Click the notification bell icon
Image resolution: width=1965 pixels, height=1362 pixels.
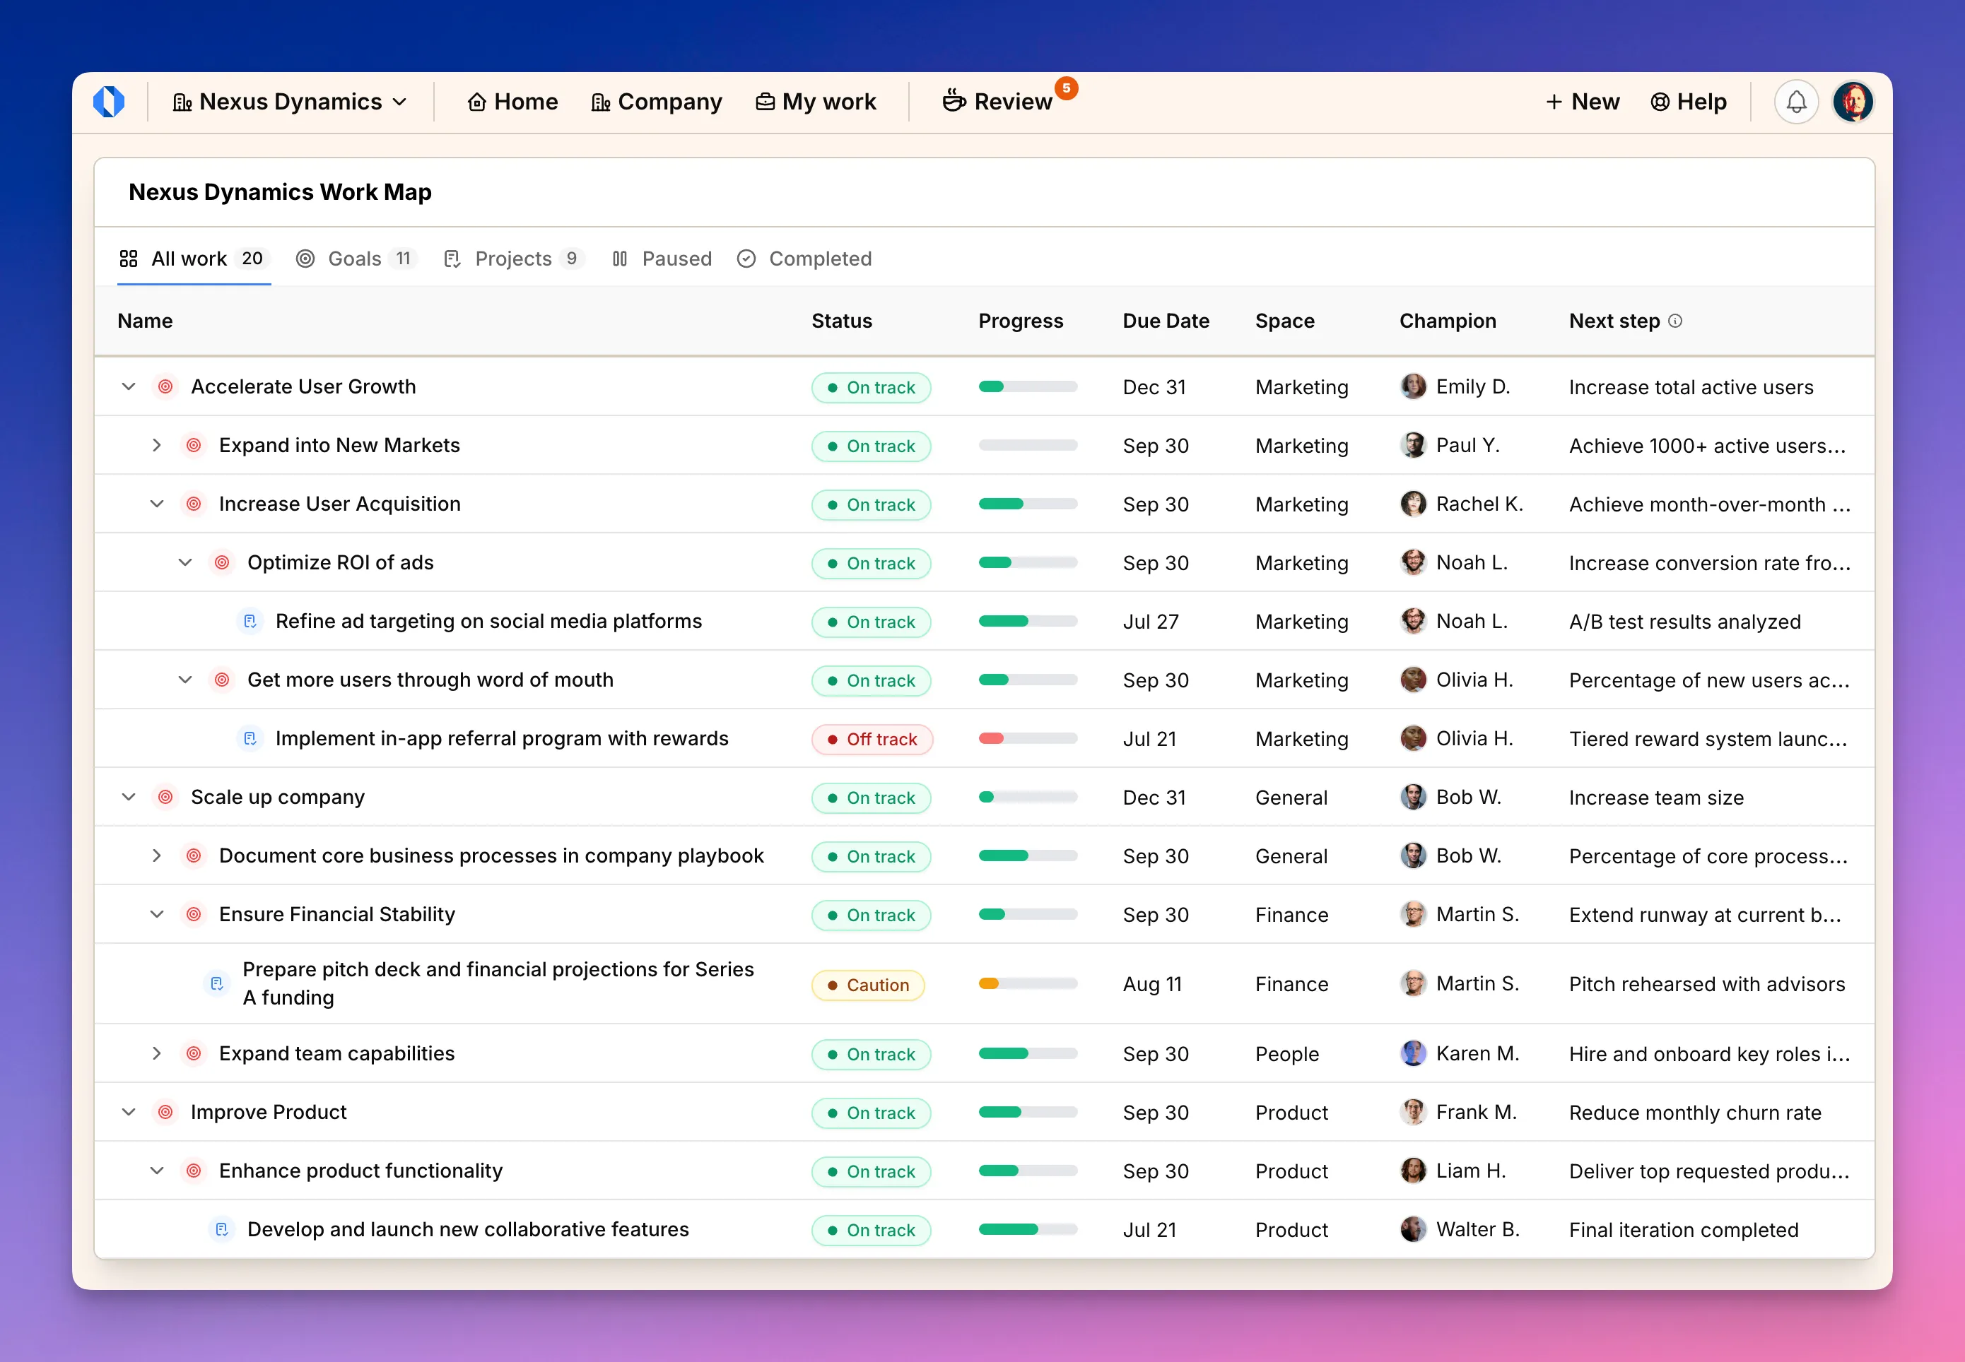pos(1795,102)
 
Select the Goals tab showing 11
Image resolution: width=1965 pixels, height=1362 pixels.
pos(355,259)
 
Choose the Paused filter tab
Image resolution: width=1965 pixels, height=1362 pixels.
pos(662,259)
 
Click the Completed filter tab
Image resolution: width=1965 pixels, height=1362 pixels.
pos(804,259)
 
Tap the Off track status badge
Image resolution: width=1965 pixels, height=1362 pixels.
pos(872,739)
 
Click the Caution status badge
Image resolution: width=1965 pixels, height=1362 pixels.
pos(867,985)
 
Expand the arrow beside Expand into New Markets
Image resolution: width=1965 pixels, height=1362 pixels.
pos(157,446)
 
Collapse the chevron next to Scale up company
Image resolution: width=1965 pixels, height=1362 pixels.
pos(129,797)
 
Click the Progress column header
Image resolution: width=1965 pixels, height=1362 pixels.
pos(1020,321)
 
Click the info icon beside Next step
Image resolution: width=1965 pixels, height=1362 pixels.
pos(1674,321)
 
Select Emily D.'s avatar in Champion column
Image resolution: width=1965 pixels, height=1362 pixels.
pos(1413,386)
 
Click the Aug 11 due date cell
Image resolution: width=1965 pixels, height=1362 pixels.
pos(1151,984)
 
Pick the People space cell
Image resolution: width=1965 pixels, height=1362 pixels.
pos(1286,1054)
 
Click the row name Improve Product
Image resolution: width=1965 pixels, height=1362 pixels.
pos(268,1112)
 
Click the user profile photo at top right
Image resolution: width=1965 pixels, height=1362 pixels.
pos(1853,102)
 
